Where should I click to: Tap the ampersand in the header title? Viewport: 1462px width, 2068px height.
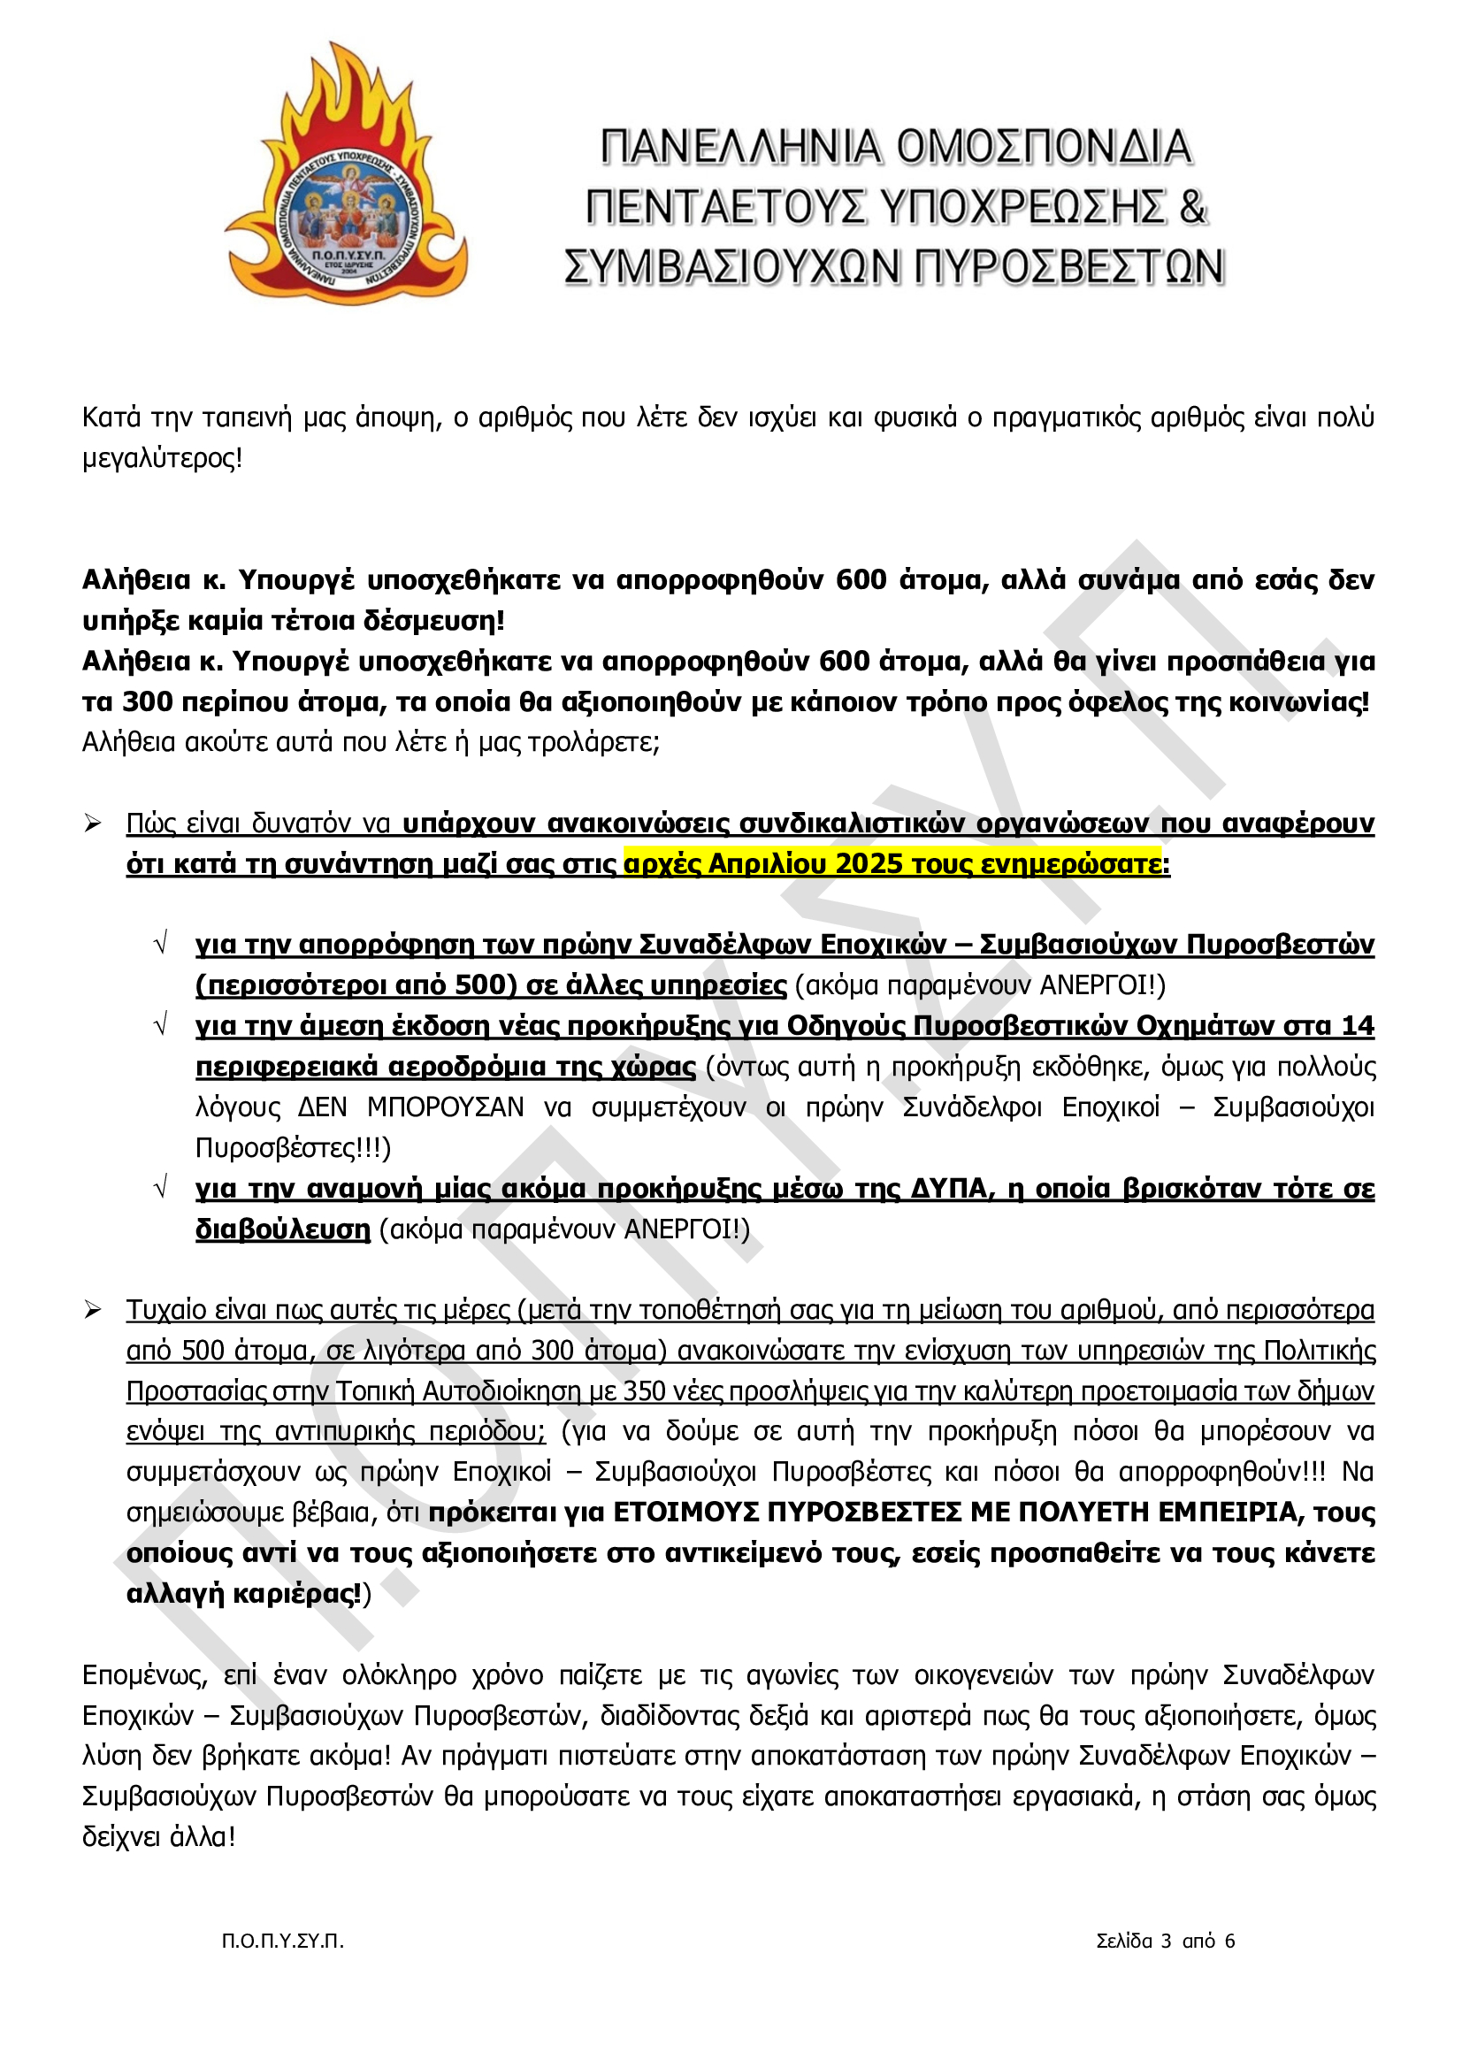point(1190,207)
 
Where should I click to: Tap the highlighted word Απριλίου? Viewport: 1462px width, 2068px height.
point(769,864)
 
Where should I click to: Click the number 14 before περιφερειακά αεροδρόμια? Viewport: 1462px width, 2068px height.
point(1358,1026)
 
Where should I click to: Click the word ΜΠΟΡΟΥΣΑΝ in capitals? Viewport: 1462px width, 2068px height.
point(445,1107)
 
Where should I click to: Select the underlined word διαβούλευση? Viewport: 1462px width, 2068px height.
point(283,1229)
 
